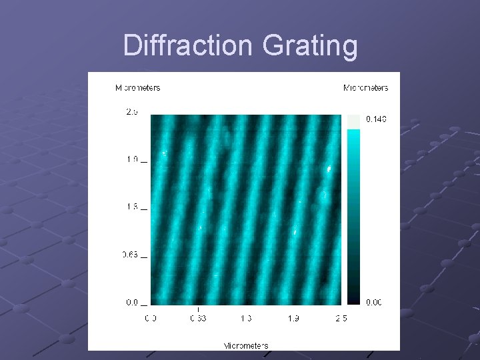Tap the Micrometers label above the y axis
137,87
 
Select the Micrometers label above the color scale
365,87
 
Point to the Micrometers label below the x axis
246,345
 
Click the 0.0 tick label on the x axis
151,319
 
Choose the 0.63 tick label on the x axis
199,319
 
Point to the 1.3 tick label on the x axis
246,319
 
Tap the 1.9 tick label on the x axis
293,319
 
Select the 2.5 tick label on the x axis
341,319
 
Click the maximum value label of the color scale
376,119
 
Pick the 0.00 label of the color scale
374,302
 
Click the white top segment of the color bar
353,121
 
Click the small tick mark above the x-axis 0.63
198,309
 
